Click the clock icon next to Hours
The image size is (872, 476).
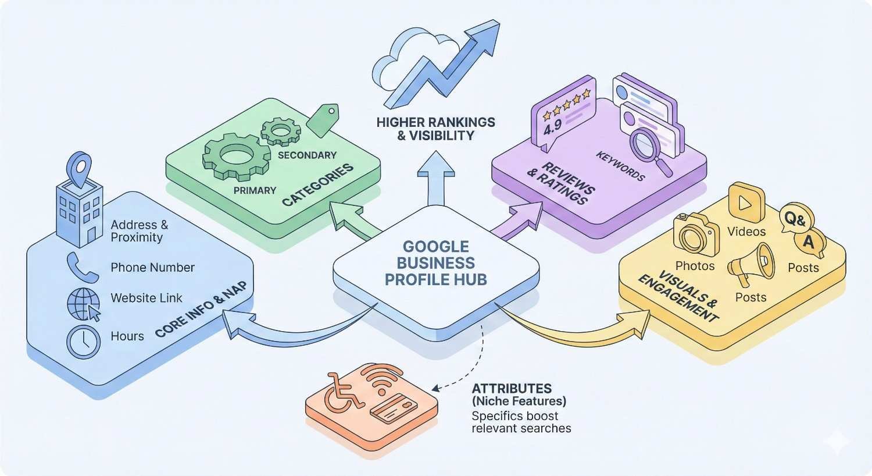(x=84, y=341)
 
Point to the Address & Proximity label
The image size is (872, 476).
(x=140, y=231)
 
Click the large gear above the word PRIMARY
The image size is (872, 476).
(x=236, y=155)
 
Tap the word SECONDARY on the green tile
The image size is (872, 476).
(x=307, y=155)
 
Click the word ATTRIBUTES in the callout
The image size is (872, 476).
(x=512, y=388)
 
